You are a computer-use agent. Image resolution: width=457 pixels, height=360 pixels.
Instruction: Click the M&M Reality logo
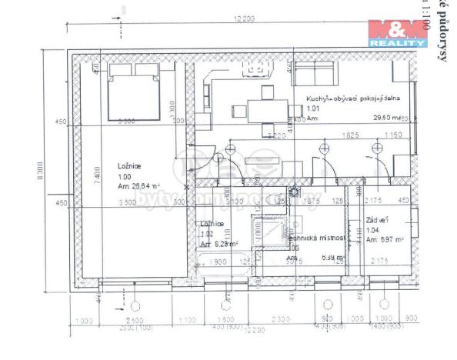(x=397, y=33)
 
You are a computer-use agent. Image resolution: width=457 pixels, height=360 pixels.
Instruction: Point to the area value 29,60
(x=383, y=118)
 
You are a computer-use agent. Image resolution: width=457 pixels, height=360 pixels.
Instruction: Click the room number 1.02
(x=206, y=234)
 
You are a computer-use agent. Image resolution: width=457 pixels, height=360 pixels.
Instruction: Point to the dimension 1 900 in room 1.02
(x=217, y=262)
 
